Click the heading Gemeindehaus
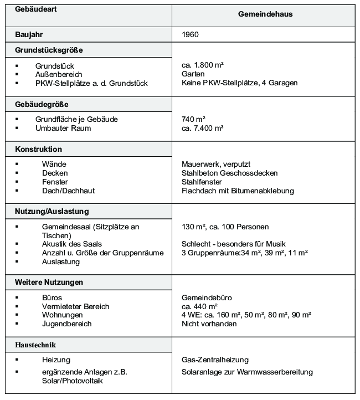tap(265, 14)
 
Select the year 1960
tap(190, 34)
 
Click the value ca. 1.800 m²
tap(203, 65)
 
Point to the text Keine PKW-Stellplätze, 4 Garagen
tap(239, 83)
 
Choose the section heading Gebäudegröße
tap(42, 104)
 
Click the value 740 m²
tap(194, 119)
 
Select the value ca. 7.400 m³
tap(203, 128)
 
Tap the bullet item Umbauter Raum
tap(63, 128)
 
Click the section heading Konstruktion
tap(38, 150)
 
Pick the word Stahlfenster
tap(202, 182)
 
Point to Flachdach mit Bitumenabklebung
tap(238, 191)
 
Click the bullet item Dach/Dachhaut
tap(68, 191)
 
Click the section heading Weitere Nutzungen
tap(49, 282)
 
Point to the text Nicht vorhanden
tap(209, 324)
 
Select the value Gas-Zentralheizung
tap(215, 360)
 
